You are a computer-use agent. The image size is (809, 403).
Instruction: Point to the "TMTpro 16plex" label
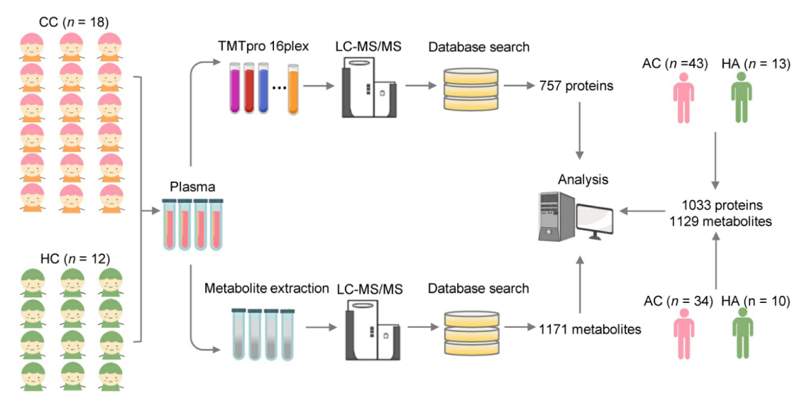pos(263,47)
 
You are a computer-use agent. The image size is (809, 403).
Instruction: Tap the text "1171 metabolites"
pos(590,329)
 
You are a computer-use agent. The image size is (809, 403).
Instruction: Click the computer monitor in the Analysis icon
pos(595,220)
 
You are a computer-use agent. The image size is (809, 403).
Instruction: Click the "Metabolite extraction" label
pos(266,288)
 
